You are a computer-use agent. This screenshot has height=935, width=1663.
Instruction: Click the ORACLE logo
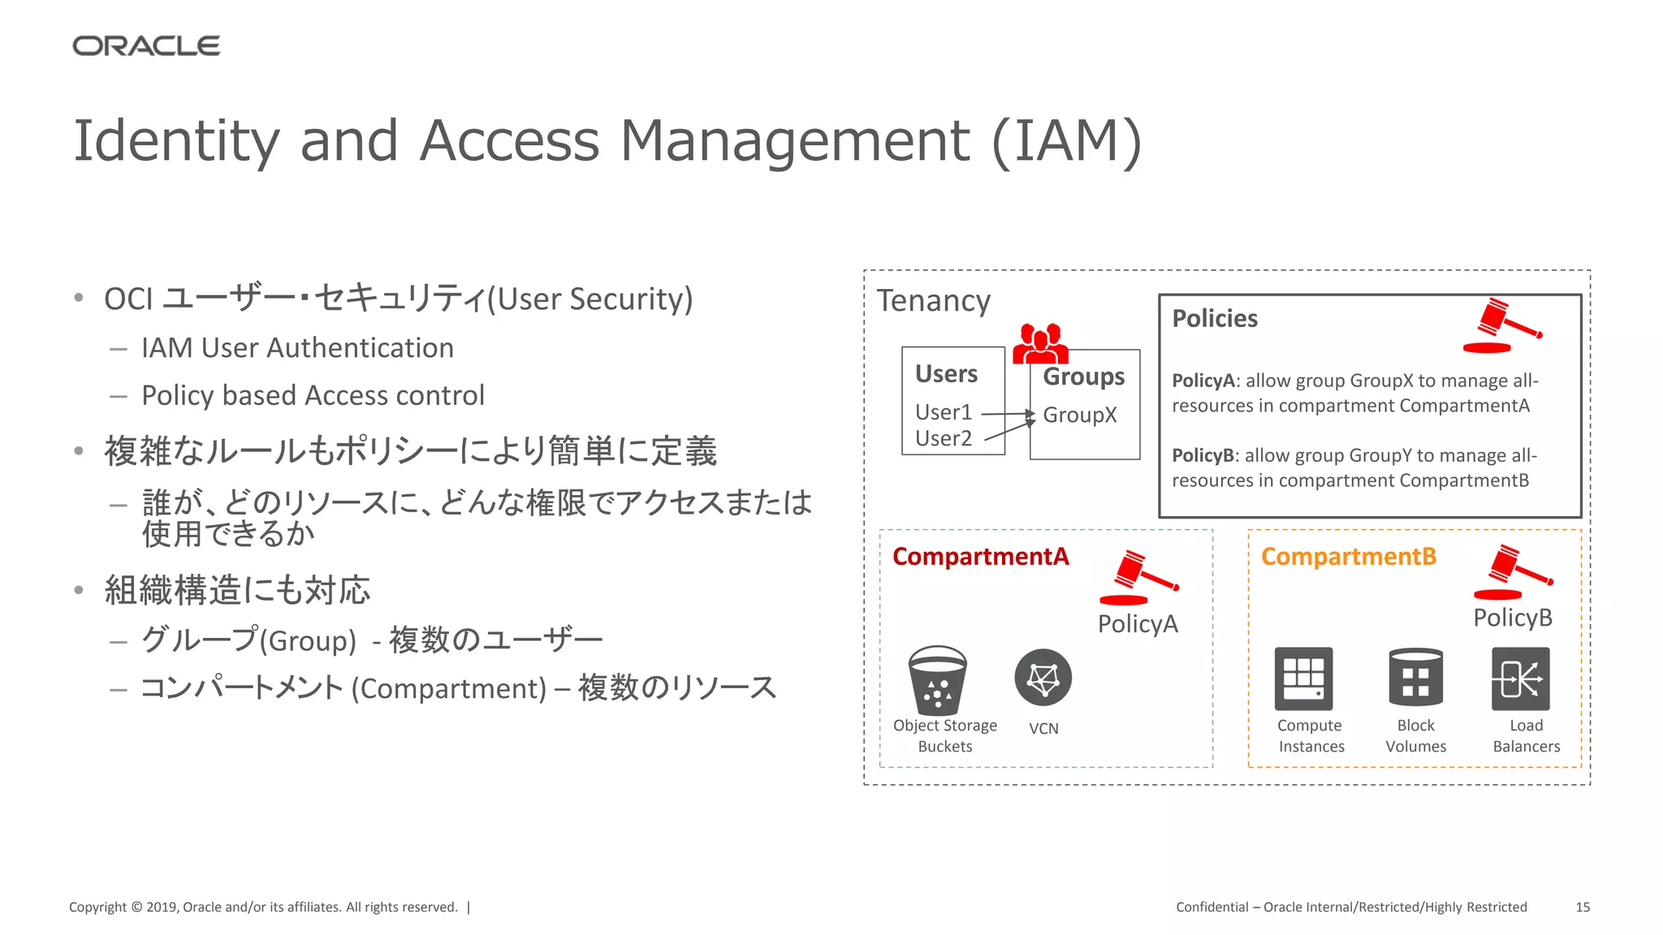146,46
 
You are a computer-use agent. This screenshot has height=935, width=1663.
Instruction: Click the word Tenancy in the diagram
933,301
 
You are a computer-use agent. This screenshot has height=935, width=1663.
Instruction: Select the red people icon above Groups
1040,343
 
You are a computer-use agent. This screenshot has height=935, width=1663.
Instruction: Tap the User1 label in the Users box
943,412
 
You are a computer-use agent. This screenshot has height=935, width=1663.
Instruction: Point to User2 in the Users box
943,438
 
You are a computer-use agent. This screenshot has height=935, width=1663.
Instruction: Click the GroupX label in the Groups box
1079,415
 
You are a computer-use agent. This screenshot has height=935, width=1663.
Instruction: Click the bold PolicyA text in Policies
1203,381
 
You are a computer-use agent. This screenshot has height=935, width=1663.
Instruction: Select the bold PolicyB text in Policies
1203,455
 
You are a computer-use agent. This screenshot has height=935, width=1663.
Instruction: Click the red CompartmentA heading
980,557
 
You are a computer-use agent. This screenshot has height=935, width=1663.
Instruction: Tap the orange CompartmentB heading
1348,557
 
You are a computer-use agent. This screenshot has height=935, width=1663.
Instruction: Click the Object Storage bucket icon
937,680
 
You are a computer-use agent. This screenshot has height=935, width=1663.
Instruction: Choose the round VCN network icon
1043,678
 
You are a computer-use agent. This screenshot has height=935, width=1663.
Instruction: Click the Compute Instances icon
1303,679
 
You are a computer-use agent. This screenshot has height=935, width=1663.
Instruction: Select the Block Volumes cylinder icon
1415,678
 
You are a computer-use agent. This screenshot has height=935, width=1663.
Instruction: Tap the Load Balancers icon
1520,679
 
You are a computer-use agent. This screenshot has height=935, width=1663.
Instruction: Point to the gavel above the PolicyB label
1513,572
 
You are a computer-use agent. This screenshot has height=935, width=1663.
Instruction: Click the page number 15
1582,907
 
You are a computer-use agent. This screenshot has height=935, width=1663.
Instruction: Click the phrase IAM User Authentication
297,348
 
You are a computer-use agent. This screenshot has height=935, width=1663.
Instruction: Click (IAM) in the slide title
1066,141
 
